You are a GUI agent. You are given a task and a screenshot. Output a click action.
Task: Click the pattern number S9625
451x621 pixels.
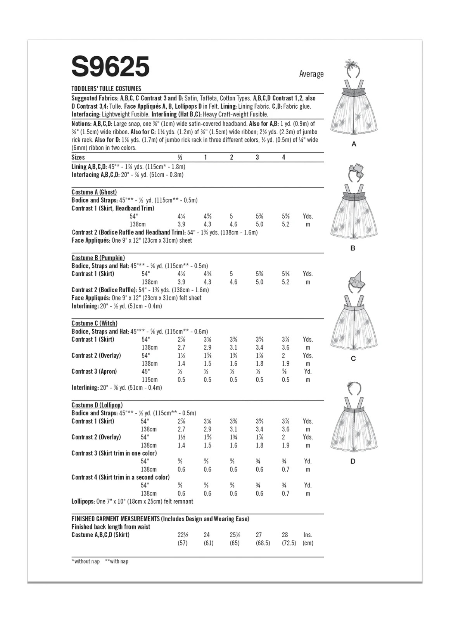tap(111, 66)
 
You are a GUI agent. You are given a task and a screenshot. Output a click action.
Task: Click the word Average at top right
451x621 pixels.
tap(311, 74)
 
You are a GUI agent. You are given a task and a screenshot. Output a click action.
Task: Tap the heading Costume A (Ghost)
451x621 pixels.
tap(94, 192)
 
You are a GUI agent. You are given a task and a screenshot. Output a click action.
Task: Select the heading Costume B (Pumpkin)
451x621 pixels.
tap(98, 258)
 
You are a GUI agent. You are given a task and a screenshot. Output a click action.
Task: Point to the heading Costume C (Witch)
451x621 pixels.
tap(94, 323)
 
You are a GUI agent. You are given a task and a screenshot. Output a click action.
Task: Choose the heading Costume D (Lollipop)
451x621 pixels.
tap(97, 405)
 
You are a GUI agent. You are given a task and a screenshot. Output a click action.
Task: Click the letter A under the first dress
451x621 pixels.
tap(353, 144)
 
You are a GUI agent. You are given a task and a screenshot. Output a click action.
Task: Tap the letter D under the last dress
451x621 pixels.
tap(353, 461)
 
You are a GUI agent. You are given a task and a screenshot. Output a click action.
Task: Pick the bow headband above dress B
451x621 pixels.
tap(354, 173)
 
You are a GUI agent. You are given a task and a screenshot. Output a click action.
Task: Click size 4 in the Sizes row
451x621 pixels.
tap(283, 157)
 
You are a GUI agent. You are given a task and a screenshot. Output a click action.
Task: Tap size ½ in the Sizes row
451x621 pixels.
tap(180, 157)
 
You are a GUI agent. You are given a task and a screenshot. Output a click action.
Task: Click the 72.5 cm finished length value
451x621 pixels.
tap(289, 543)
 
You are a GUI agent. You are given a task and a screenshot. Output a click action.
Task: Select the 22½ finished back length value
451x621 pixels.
tap(183, 534)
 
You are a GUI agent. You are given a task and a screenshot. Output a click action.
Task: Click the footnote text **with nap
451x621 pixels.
tap(116, 561)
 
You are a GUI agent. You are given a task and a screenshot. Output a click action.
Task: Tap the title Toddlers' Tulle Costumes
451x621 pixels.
tap(106, 88)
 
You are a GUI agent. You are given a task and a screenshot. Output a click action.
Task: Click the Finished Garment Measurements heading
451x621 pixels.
tap(115, 519)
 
